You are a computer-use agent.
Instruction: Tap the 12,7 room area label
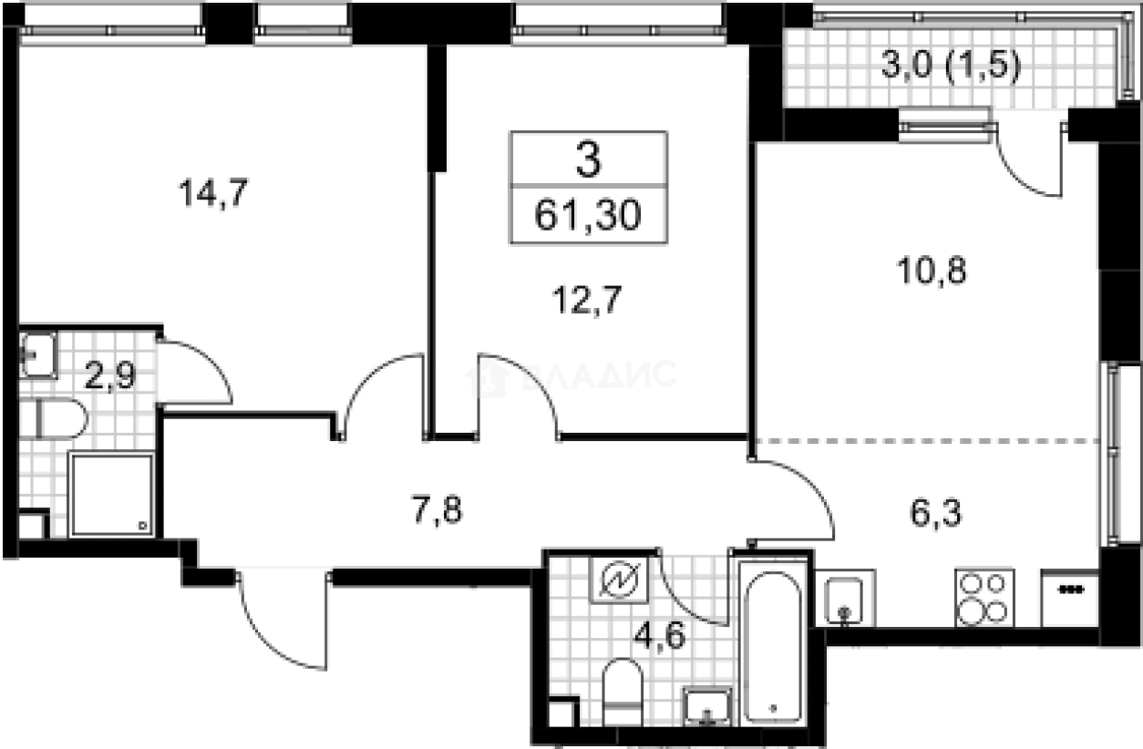(589, 298)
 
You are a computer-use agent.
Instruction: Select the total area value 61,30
(588, 216)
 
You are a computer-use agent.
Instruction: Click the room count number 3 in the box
(588, 161)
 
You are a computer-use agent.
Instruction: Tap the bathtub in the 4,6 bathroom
(771, 641)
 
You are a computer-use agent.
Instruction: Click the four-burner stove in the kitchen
(983, 597)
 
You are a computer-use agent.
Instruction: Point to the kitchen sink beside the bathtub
(845, 599)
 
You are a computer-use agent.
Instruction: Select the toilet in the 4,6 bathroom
(623, 692)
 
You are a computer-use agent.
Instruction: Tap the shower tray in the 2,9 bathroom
(111, 495)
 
